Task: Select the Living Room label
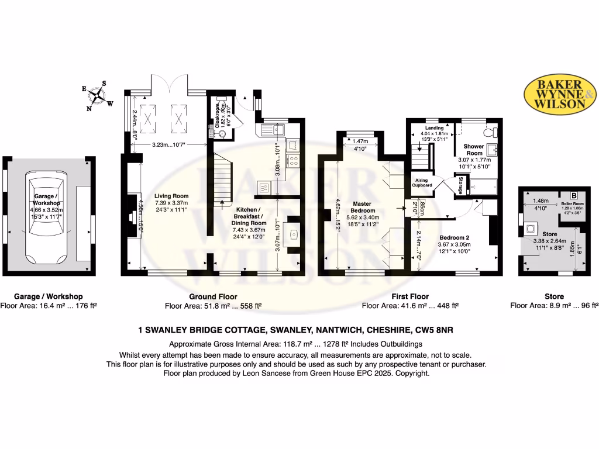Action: tap(171, 196)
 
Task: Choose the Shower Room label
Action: tap(474, 150)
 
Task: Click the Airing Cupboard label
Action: tap(423, 182)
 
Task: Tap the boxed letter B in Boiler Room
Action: tap(574, 195)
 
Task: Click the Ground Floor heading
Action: tap(213, 296)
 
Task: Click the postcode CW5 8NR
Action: tap(434, 330)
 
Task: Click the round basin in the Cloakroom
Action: tap(222, 133)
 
